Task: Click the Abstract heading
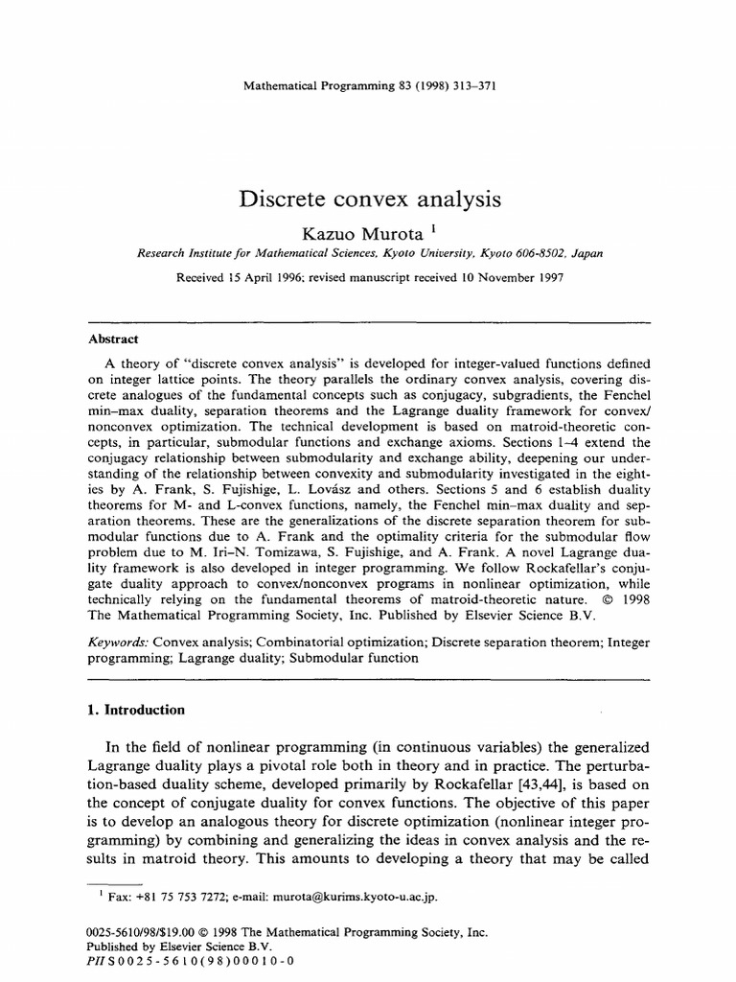point(113,339)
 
